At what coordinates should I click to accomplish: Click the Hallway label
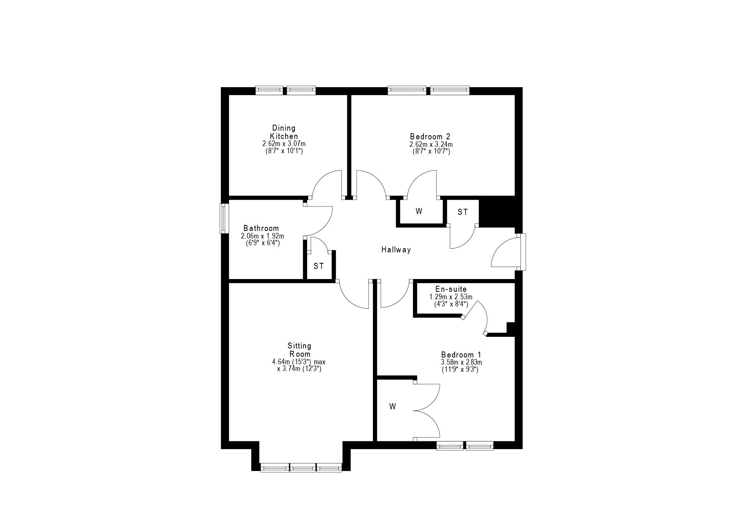point(396,250)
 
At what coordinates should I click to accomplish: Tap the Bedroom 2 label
point(430,136)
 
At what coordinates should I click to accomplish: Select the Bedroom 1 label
point(461,355)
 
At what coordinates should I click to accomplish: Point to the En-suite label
point(451,289)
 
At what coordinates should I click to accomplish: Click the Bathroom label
point(261,228)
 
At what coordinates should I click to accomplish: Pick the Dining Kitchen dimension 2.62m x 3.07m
point(284,144)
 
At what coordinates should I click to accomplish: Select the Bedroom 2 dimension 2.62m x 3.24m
point(431,144)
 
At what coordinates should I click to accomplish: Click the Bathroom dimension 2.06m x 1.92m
point(262,236)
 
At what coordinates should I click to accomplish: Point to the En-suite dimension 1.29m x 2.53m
point(451,297)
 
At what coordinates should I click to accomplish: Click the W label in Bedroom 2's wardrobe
point(419,211)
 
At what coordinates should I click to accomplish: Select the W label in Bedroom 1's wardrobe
point(393,406)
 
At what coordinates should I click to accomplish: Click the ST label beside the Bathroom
point(319,266)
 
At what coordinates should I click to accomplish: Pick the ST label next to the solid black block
point(463,212)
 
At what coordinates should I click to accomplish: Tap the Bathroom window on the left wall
point(224,219)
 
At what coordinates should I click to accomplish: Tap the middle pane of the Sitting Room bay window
point(303,468)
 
